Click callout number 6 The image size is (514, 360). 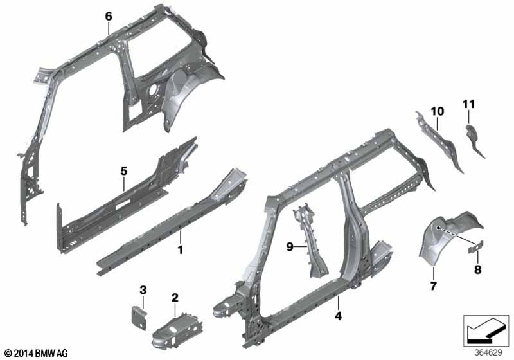[x=109, y=16]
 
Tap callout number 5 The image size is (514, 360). [x=123, y=171]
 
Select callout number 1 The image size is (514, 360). [x=180, y=250]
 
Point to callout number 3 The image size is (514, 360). [x=143, y=290]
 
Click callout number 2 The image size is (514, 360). [x=175, y=298]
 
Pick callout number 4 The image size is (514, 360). [x=339, y=316]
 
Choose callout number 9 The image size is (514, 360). [x=290, y=246]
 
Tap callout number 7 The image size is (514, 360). [x=433, y=286]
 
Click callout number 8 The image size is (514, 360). [x=478, y=269]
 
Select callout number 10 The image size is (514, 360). [x=438, y=111]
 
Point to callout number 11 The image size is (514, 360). [x=468, y=104]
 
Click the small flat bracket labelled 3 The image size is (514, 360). [x=139, y=318]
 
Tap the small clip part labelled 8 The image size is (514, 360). [x=475, y=246]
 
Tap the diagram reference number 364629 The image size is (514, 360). [x=488, y=353]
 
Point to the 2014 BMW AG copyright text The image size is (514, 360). [x=37, y=353]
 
